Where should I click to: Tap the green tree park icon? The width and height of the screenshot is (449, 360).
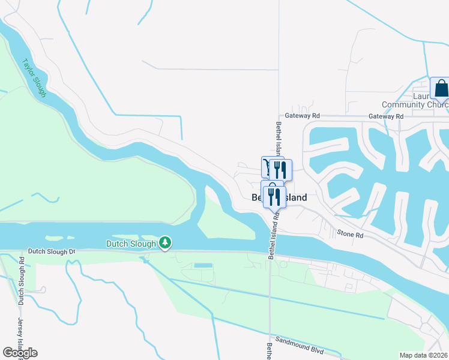coord(165,243)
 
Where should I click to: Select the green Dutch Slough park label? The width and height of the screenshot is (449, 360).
coord(132,244)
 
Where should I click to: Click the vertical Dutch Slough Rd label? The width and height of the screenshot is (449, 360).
coord(22,280)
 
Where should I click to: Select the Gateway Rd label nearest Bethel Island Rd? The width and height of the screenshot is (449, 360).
coord(303,115)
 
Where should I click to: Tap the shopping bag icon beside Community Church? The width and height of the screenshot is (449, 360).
coord(441,89)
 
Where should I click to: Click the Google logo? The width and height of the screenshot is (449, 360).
coord(20,353)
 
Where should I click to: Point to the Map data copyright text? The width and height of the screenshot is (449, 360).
coord(424,355)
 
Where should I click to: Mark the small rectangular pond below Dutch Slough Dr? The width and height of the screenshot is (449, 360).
coord(203,265)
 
